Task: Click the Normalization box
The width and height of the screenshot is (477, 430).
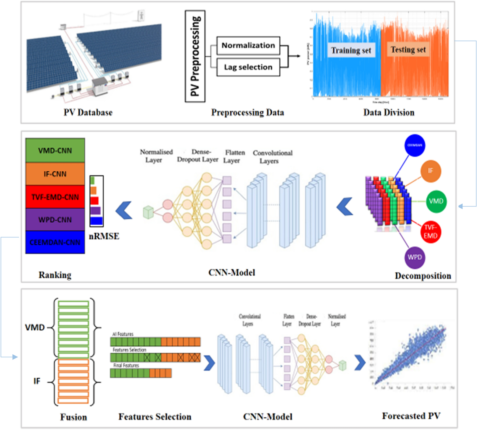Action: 248,46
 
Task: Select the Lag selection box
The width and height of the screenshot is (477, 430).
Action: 248,67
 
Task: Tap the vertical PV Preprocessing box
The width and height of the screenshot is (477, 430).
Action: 195,56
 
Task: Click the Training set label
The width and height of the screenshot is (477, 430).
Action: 351,50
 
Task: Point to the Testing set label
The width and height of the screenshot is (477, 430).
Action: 408,49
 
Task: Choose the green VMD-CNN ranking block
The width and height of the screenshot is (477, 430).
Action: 55,150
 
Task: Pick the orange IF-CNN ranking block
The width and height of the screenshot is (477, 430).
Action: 55,174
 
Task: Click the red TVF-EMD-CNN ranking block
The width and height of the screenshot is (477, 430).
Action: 55,197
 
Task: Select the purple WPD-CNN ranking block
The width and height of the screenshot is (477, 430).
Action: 55,220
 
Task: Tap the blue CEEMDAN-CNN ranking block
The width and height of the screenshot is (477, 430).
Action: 55,242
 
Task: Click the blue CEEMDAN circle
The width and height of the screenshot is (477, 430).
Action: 414,145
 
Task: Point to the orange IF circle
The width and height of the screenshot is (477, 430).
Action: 431,171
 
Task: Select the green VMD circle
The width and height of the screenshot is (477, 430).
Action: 436,201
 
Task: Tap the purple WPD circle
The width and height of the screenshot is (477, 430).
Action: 414,257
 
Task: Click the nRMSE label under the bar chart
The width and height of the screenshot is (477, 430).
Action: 104,236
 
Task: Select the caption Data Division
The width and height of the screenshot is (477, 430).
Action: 389,113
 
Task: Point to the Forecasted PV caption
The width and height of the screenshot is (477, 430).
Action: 411,416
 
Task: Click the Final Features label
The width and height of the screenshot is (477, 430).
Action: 126,365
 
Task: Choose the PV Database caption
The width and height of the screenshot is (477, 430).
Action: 88,113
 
